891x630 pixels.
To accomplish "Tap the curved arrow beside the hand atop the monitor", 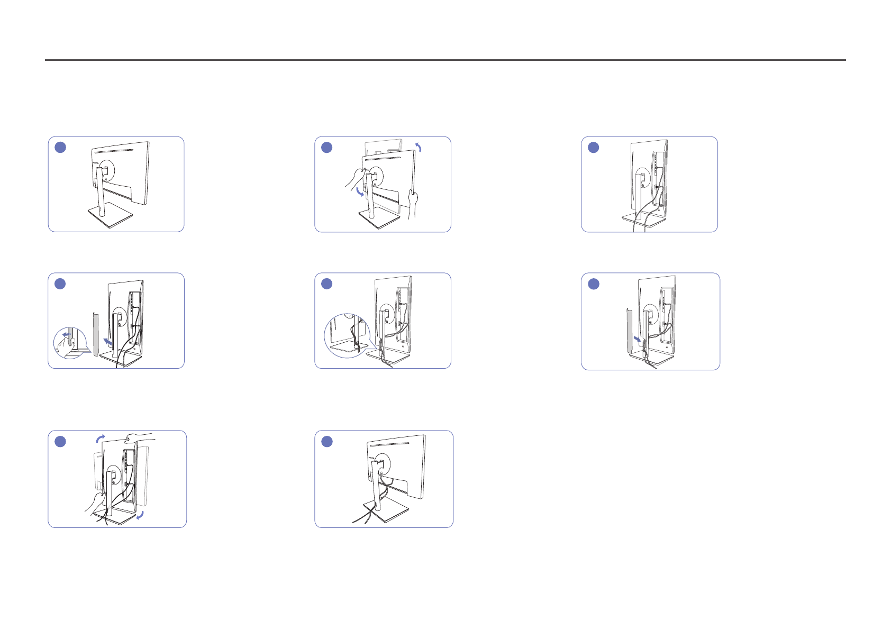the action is pyautogui.click(x=100, y=438).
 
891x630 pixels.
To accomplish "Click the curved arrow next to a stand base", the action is pyautogui.click(x=140, y=515).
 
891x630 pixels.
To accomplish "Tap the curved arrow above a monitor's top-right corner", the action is pyautogui.click(x=419, y=147).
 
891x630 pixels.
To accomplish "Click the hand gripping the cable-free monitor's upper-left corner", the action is pyautogui.click(x=353, y=179).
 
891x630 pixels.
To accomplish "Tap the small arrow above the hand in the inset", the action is pyautogui.click(x=66, y=335).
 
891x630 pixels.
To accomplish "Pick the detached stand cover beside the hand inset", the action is pyautogui.click(x=96, y=334).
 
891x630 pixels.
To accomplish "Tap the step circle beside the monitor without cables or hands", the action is pyautogui.click(x=60, y=147).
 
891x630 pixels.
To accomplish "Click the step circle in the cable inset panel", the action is pyautogui.click(x=327, y=284).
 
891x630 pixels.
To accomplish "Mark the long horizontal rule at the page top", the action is pyautogui.click(x=445, y=60).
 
